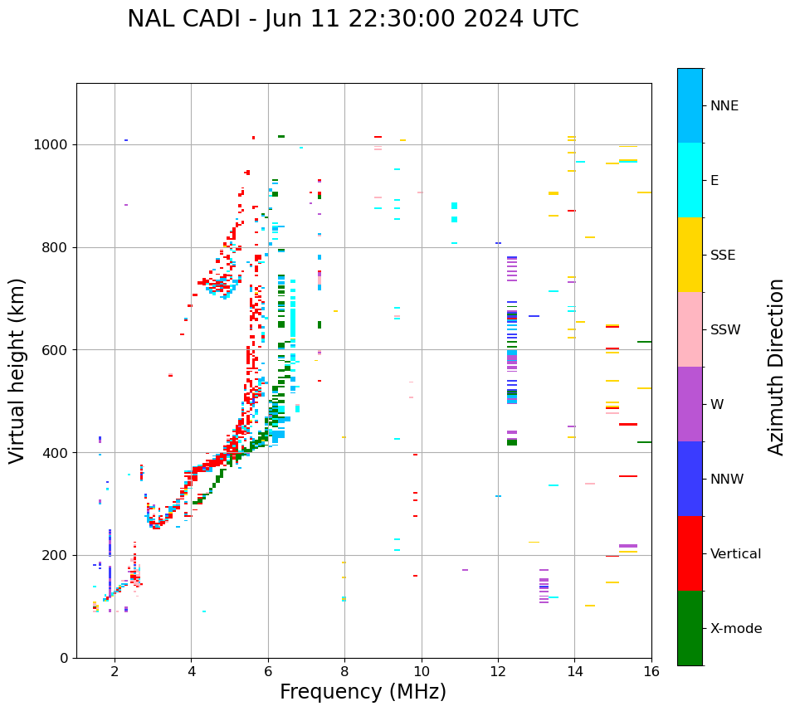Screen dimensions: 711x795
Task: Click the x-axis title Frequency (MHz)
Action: pyautogui.click(x=363, y=692)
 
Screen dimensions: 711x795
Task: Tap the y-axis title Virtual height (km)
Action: pyautogui.click(x=18, y=371)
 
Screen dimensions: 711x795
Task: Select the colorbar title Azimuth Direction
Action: pyautogui.click(x=776, y=367)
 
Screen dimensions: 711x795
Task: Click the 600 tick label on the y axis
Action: pyautogui.click(x=57, y=350)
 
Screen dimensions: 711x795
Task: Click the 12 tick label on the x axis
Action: pyautogui.click(x=498, y=671)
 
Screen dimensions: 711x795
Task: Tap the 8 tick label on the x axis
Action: pyautogui.click(x=344, y=671)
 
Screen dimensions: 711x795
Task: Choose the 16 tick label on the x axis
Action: pyautogui.click(x=651, y=671)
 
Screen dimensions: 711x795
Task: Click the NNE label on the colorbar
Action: pyautogui.click(x=724, y=106)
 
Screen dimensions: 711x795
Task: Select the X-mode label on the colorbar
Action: pyautogui.click(x=735, y=629)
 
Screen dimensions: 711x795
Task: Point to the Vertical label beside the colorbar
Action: pyautogui.click(x=735, y=554)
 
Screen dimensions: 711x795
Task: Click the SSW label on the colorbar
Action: pyautogui.click(x=725, y=330)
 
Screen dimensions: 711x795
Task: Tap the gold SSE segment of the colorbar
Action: pyautogui.click(x=690, y=255)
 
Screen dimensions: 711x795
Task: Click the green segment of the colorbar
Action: pyautogui.click(x=690, y=628)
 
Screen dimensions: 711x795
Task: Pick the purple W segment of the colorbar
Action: pyautogui.click(x=690, y=404)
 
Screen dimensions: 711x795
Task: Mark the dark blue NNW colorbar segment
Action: pyautogui.click(x=690, y=479)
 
